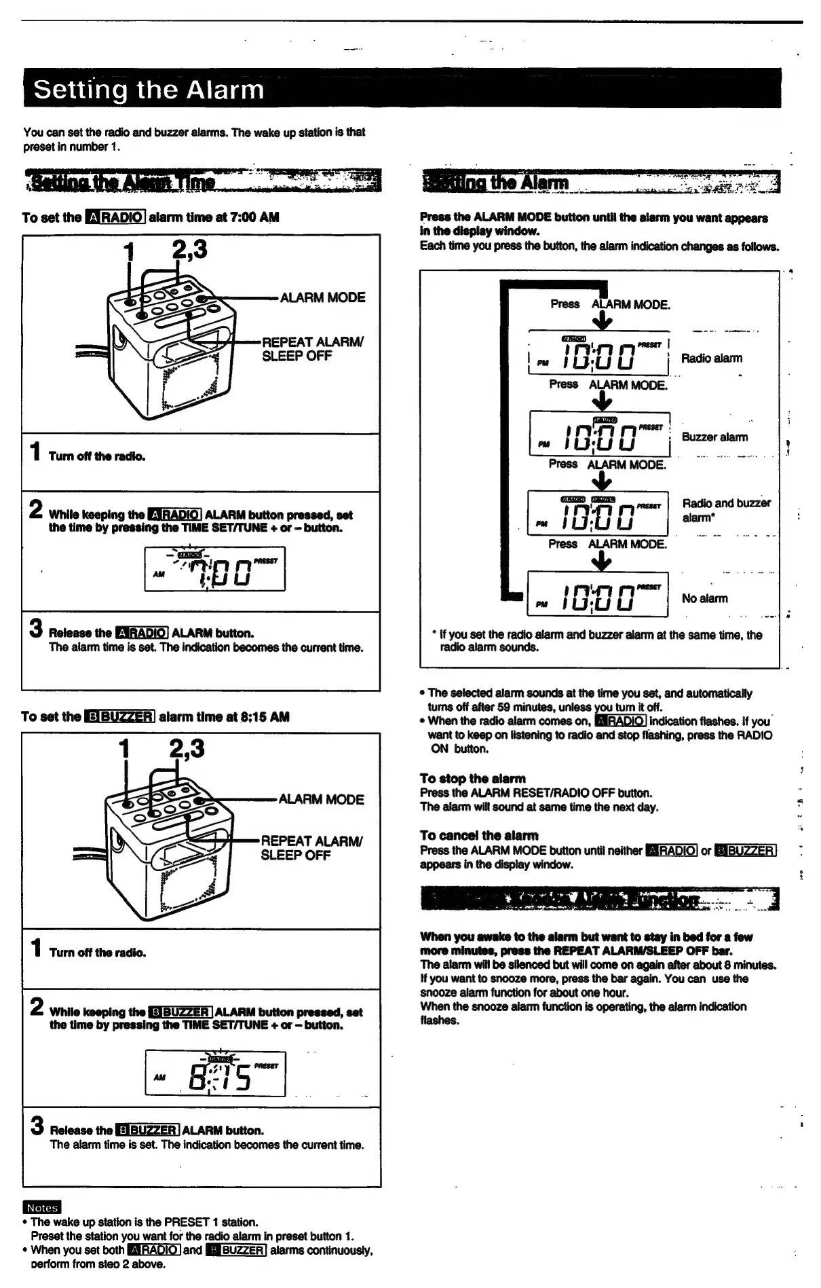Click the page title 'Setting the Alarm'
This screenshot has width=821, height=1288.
[x=149, y=90]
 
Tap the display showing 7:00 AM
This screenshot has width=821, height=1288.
[x=214, y=568]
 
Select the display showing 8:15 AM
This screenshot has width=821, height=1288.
[x=215, y=1072]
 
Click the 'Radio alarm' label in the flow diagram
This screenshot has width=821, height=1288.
[x=711, y=358]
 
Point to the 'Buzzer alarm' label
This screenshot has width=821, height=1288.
[x=714, y=437]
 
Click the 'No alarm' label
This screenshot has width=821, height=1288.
[x=704, y=598]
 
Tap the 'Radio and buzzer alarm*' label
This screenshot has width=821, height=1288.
[x=726, y=510]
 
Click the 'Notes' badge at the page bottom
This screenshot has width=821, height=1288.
[x=42, y=1207]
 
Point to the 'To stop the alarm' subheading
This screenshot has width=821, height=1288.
[x=472, y=778]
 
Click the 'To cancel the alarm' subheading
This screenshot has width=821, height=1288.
[x=479, y=835]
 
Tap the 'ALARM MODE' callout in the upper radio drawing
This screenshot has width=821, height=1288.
[x=322, y=297]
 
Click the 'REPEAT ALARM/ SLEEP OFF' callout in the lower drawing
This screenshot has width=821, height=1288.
[x=311, y=848]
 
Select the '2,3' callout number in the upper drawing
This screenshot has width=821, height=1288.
[x=189, y=249]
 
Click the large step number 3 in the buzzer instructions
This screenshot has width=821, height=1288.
[x=37, y=1126]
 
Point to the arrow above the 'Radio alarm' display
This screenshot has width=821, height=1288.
[x=603, y=320]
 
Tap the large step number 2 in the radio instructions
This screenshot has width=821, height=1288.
[x=36, y=509]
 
